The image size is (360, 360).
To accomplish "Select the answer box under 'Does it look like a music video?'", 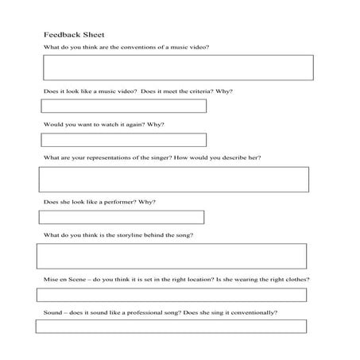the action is pos(123,106).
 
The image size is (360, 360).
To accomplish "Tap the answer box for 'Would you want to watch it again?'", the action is pos(123,140).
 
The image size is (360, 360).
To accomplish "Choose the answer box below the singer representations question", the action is pos(174,179).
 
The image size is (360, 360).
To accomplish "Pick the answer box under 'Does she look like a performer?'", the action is pos(122,217).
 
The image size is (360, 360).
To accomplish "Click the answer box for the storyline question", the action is pos(172,256).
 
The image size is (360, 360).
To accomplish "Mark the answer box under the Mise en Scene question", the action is pos(172,295).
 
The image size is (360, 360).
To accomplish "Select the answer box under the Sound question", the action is pos(171,326).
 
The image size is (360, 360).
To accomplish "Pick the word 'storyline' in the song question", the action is pos(120,236).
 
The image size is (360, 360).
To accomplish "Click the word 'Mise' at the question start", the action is pos(50,280).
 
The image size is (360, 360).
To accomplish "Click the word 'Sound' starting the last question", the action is pos(52,312).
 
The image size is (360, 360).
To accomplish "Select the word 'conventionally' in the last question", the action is pos(254,312).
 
